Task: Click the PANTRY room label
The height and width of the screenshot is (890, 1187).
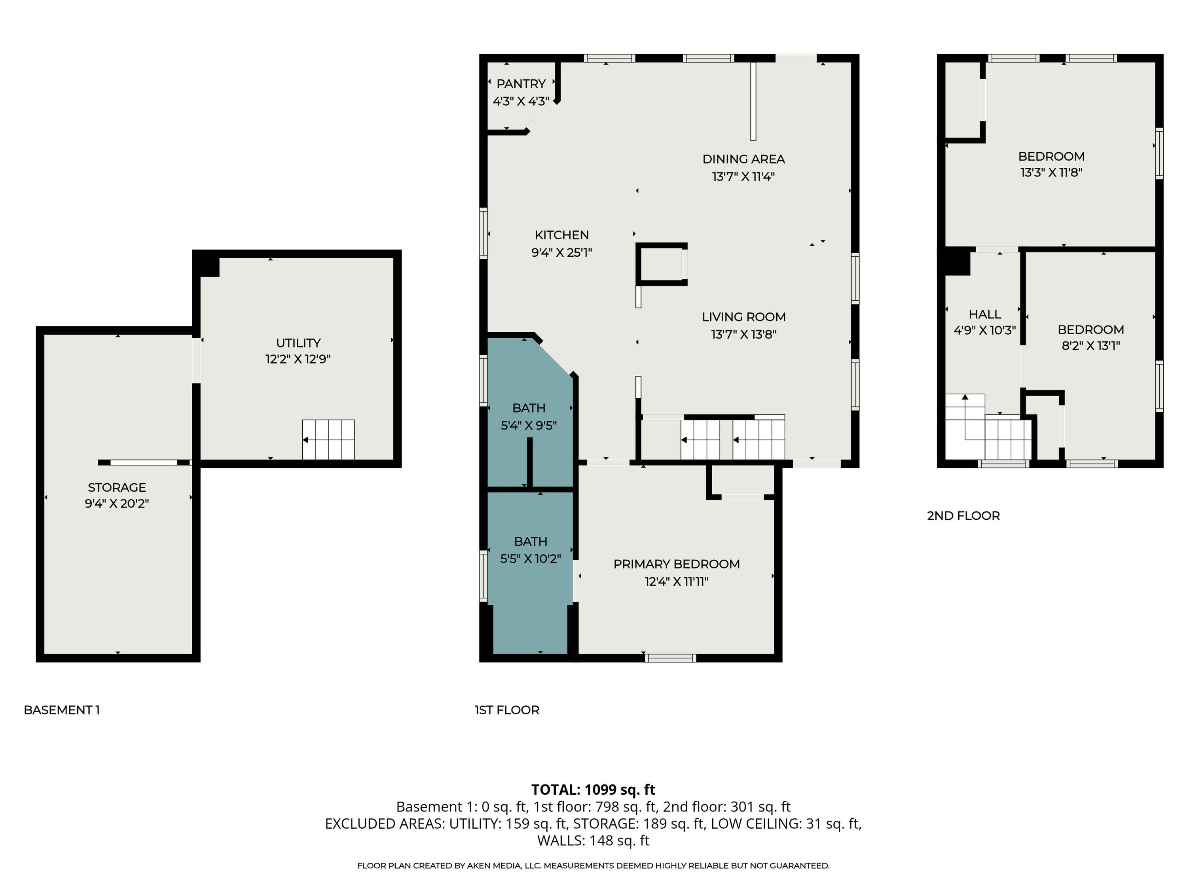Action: click(x=521, y=84)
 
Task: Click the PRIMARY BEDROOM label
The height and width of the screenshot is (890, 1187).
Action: click(x=676, y=564)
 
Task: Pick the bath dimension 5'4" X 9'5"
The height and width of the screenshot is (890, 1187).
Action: click(x=529, y=425)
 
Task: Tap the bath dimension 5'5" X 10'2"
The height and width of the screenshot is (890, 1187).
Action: click(x=530, y=559)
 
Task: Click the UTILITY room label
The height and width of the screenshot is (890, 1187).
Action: click(x=298, y=343)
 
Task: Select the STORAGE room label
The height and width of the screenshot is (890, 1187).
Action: click(x=117, y=487)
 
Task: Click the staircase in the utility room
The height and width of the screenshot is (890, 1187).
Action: click(x=328, y=439)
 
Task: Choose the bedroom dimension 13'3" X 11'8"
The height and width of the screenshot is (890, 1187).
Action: click(x=1051, y=172)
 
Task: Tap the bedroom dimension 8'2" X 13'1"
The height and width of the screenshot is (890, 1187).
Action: click(x=1090, y=345)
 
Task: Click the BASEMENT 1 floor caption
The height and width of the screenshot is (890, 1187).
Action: click(x=62, y=710)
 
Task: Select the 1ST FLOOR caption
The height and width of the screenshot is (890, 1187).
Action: click(x=506, y=710)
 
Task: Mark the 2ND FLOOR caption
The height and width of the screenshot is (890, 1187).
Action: click(x=963, y=515)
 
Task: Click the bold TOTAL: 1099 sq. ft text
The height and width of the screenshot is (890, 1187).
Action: click(x=593, y=790)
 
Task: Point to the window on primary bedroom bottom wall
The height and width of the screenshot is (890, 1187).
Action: click(x=670, y=658)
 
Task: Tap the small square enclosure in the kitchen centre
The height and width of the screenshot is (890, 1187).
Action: click(x=661, y=264)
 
